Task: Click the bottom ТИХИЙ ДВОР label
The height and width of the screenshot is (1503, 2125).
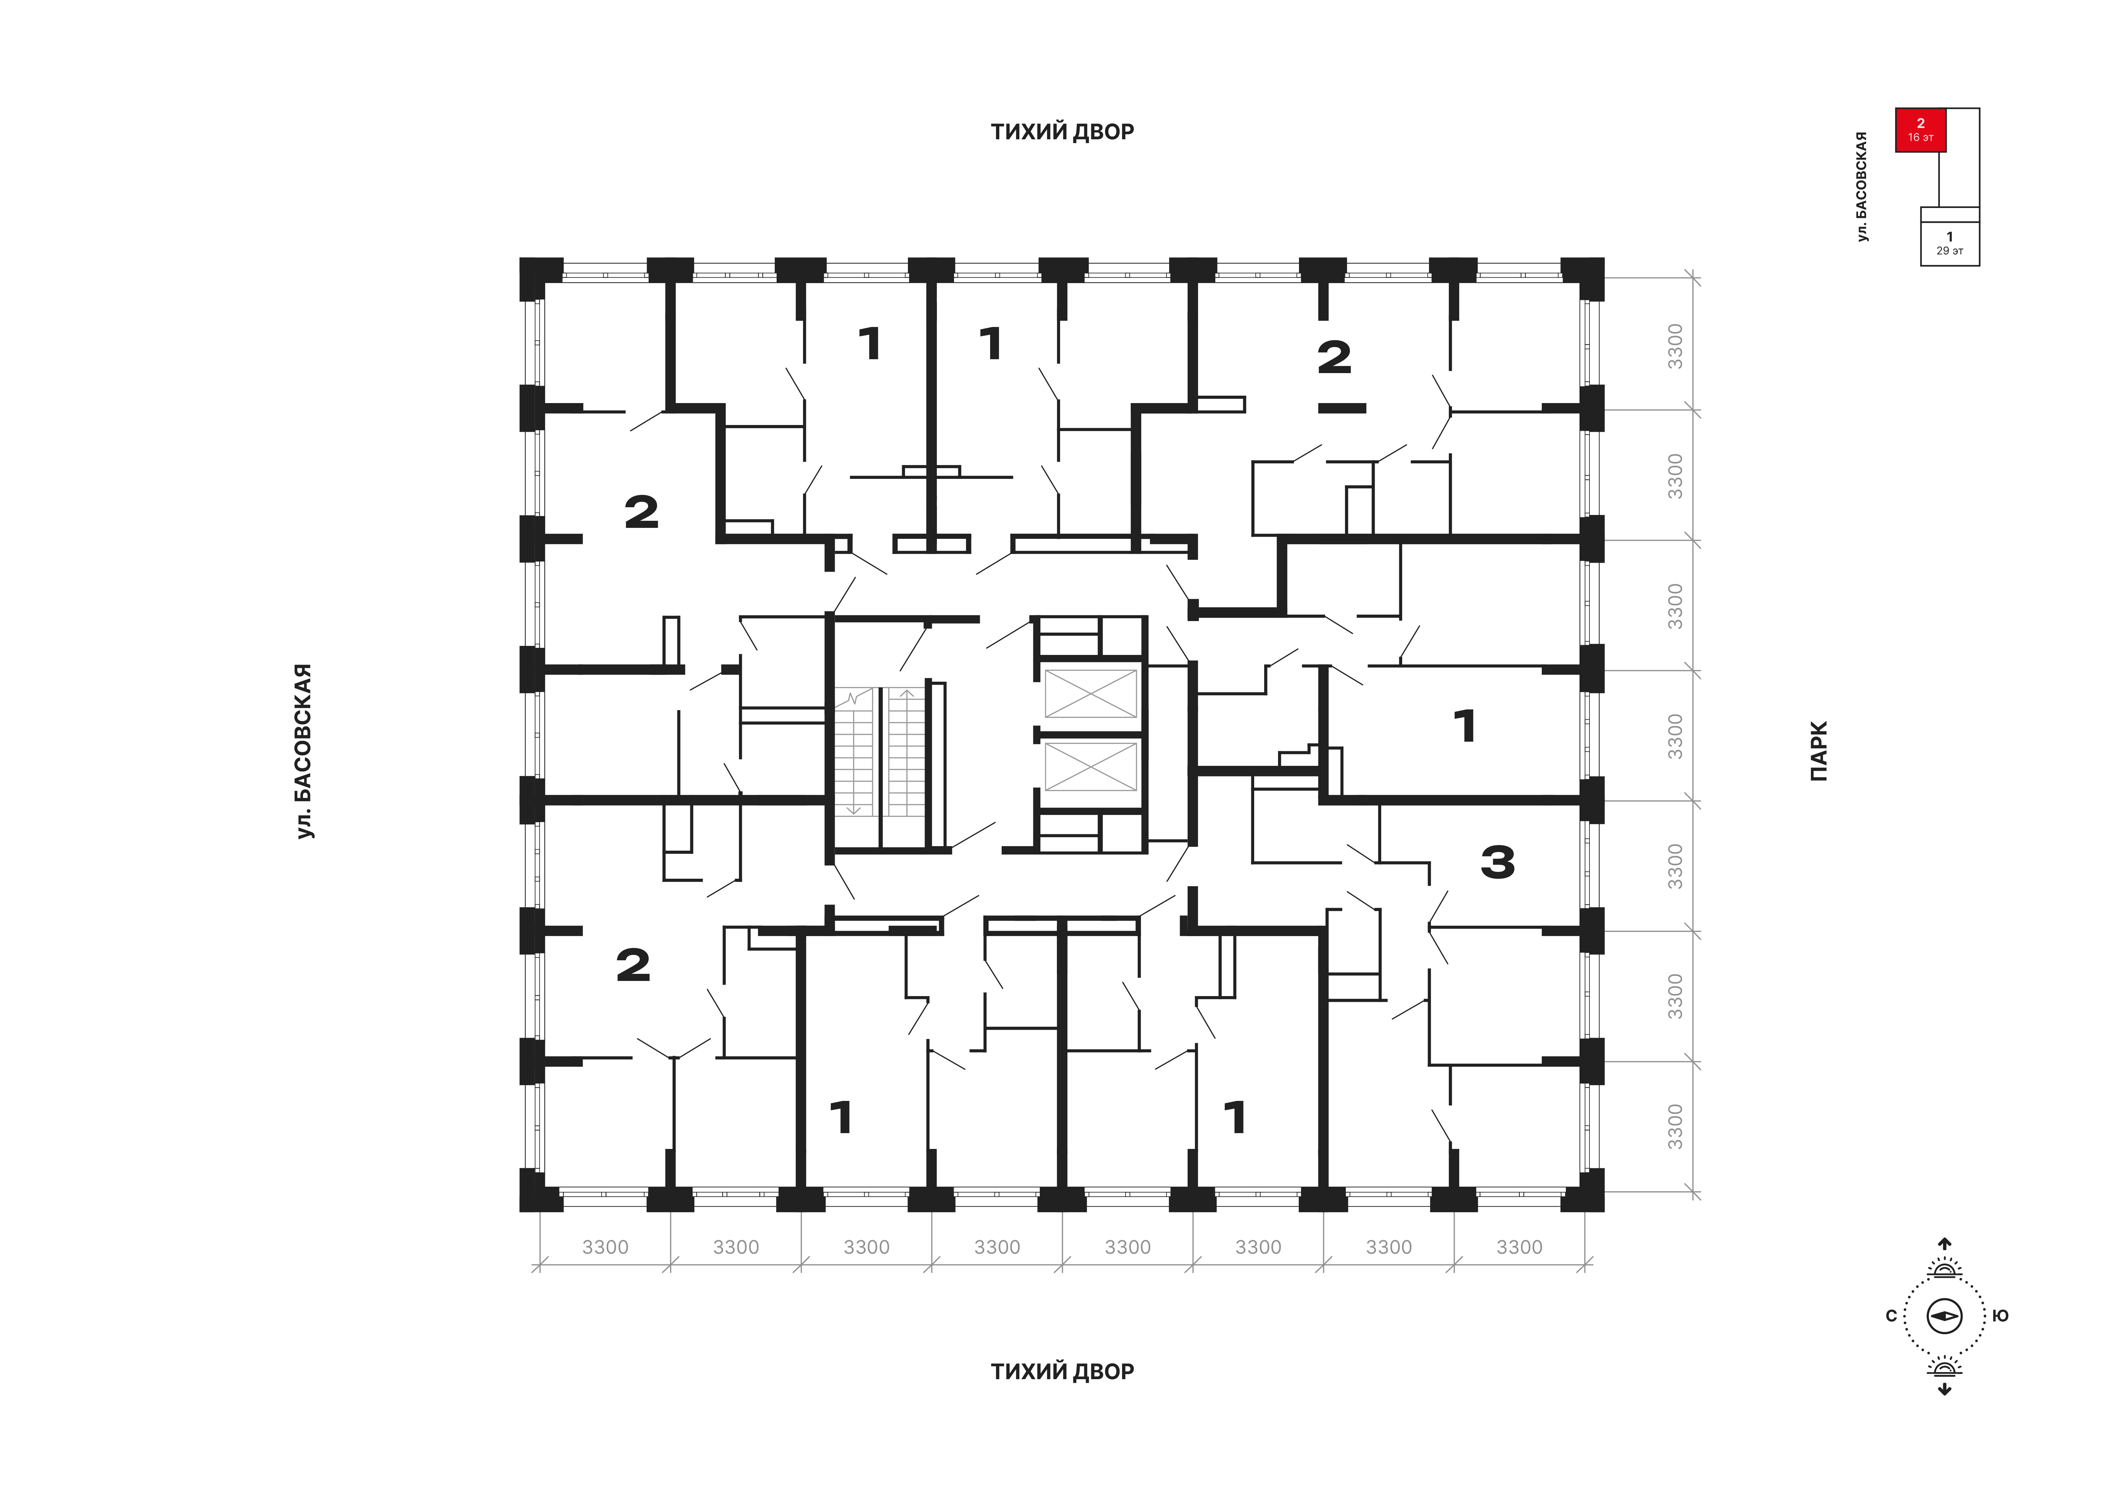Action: tap(1063, 1371)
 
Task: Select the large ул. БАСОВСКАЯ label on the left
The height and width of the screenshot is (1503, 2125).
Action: tap(304, 751)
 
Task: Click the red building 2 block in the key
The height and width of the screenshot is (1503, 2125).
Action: tap(1921, 130)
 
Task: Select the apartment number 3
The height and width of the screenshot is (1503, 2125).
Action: tap(1498, 863)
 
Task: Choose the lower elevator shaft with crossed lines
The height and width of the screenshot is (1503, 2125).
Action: tap(1090, 766)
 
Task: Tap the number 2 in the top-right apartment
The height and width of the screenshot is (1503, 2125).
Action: tap(1334, 357)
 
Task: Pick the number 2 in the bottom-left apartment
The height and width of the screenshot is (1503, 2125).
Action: tap(633, 965)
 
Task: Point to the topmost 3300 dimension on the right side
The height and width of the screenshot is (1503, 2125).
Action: tap(1675, 346)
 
